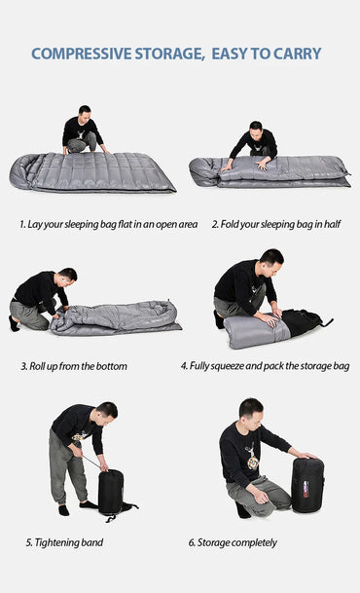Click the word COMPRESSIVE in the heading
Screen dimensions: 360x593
click(82, 54)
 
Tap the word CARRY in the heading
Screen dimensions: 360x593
click(298, 54)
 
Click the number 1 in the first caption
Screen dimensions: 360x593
click(22, 224)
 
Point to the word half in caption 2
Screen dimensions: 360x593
click(332, 224)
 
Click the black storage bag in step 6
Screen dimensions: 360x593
click(307, 485)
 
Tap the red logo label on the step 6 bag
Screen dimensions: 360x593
click(306, 489)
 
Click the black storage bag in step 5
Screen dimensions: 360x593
click(111, 492)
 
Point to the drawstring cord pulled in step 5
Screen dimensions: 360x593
click(91, 462)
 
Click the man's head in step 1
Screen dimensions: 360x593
click(85, 113)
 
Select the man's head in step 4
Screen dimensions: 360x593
click(272, 261)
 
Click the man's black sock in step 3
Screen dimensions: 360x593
click(14, 323)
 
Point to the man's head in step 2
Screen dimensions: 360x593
click(256, 129)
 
